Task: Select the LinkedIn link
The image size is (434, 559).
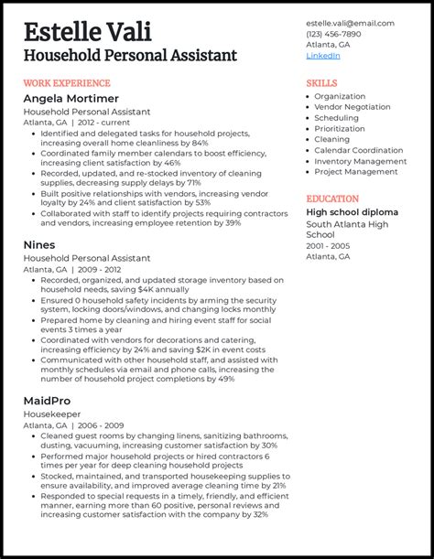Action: click(322, 56)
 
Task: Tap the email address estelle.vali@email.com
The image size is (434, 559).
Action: click(350, 23)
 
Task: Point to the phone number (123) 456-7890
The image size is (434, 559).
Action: click(333, 34)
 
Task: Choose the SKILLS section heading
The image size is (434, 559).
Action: click(321, 82)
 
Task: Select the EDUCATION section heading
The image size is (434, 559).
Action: click(332, 198)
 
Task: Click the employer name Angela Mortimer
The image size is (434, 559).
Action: click(71, 98)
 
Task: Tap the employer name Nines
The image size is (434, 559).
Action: click(39, 245)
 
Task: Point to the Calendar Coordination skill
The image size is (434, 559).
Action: click(359, 150)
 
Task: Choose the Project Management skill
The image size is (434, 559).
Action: click(356, 172)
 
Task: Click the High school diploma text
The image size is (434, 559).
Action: click(352, 212)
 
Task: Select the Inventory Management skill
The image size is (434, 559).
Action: click(360, 161)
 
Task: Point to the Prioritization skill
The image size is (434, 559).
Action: click(340, 129)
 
